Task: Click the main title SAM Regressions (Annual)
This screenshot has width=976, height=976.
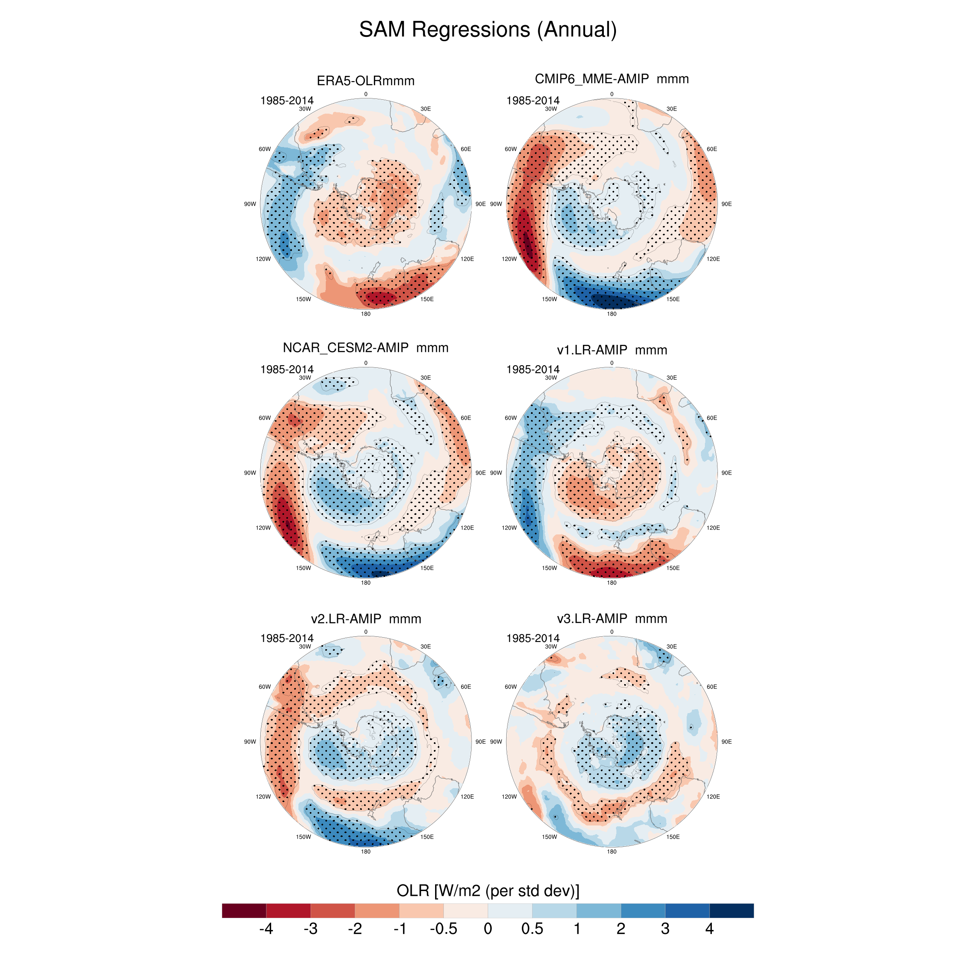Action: (x=488, y=29)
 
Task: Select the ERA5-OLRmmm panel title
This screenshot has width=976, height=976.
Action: (x=365, y=81)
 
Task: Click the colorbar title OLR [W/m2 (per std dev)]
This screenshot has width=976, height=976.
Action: (x=488, y=890)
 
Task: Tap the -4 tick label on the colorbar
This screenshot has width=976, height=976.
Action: (x=266, y=929)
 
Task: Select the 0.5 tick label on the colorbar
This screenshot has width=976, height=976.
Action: (x=532, y=929)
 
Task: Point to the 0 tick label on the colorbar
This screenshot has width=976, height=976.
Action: (x=488, y=929)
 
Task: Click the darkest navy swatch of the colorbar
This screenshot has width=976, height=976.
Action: (x=731, y=910)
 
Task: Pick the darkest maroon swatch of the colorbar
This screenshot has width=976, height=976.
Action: (x=244, y=910)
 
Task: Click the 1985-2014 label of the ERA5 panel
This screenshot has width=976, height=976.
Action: (x=286, y=101)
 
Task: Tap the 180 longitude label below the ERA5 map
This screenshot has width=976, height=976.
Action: (x=365, y=314)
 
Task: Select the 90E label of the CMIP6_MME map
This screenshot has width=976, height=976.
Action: (x=726, y=204)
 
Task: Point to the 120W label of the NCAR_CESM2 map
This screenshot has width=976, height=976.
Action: (x=263, y=528)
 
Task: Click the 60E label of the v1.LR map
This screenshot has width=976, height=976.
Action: (x=711, y=418)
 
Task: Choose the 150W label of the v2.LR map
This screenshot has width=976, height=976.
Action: (x=303, y=837)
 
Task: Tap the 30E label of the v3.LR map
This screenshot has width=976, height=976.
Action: (x=671, y=647)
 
